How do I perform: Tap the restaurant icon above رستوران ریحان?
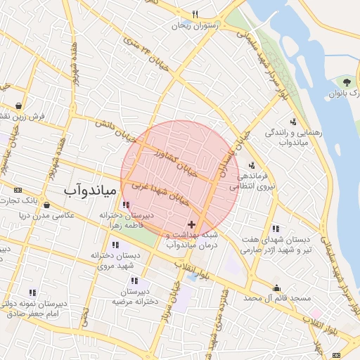[x=195, y=14]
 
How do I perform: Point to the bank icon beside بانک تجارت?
[x=18, y=191]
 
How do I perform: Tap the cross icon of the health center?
[x=192, y=224]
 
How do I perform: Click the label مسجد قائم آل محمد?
[x=277, y=299]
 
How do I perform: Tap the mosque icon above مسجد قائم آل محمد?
[x=277, y=287]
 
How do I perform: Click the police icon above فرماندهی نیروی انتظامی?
[x=252, y=165]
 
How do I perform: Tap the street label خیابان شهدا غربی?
[x=161, y=193]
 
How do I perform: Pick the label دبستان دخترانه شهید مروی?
[x=112, y=259]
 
